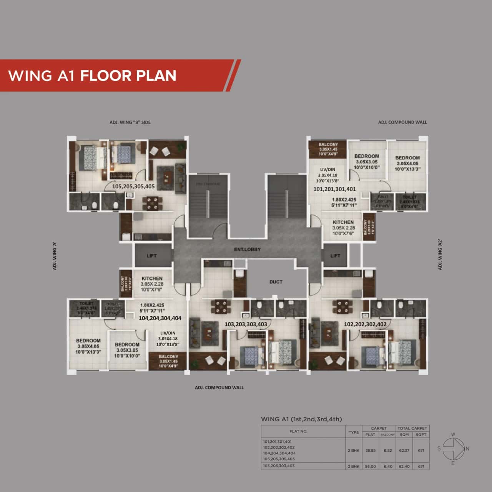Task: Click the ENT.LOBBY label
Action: [247, 249]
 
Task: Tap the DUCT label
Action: [276, 282]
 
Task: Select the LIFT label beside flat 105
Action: [151, 256]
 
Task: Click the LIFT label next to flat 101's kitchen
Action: [335, 256]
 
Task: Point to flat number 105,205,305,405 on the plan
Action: [133, 186]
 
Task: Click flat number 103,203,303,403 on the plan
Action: [246, 324]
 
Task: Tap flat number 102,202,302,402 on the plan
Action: [365, 324]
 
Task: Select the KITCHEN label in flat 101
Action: [343, 222]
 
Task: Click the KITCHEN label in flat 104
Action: [152, 278]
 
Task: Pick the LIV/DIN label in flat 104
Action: [168, 333]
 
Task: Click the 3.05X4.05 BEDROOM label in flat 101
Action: [407, 158]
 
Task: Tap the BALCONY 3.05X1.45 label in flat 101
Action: [328, 145]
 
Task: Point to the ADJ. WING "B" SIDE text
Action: [130, 122]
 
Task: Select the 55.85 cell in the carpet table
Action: [370, 450]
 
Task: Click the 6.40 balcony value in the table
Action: [387, 466]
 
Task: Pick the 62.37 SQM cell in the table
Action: [404, 450]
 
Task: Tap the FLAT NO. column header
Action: [298, 431]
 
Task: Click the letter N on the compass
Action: [467, 449]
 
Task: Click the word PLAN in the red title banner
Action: [155, 76]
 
